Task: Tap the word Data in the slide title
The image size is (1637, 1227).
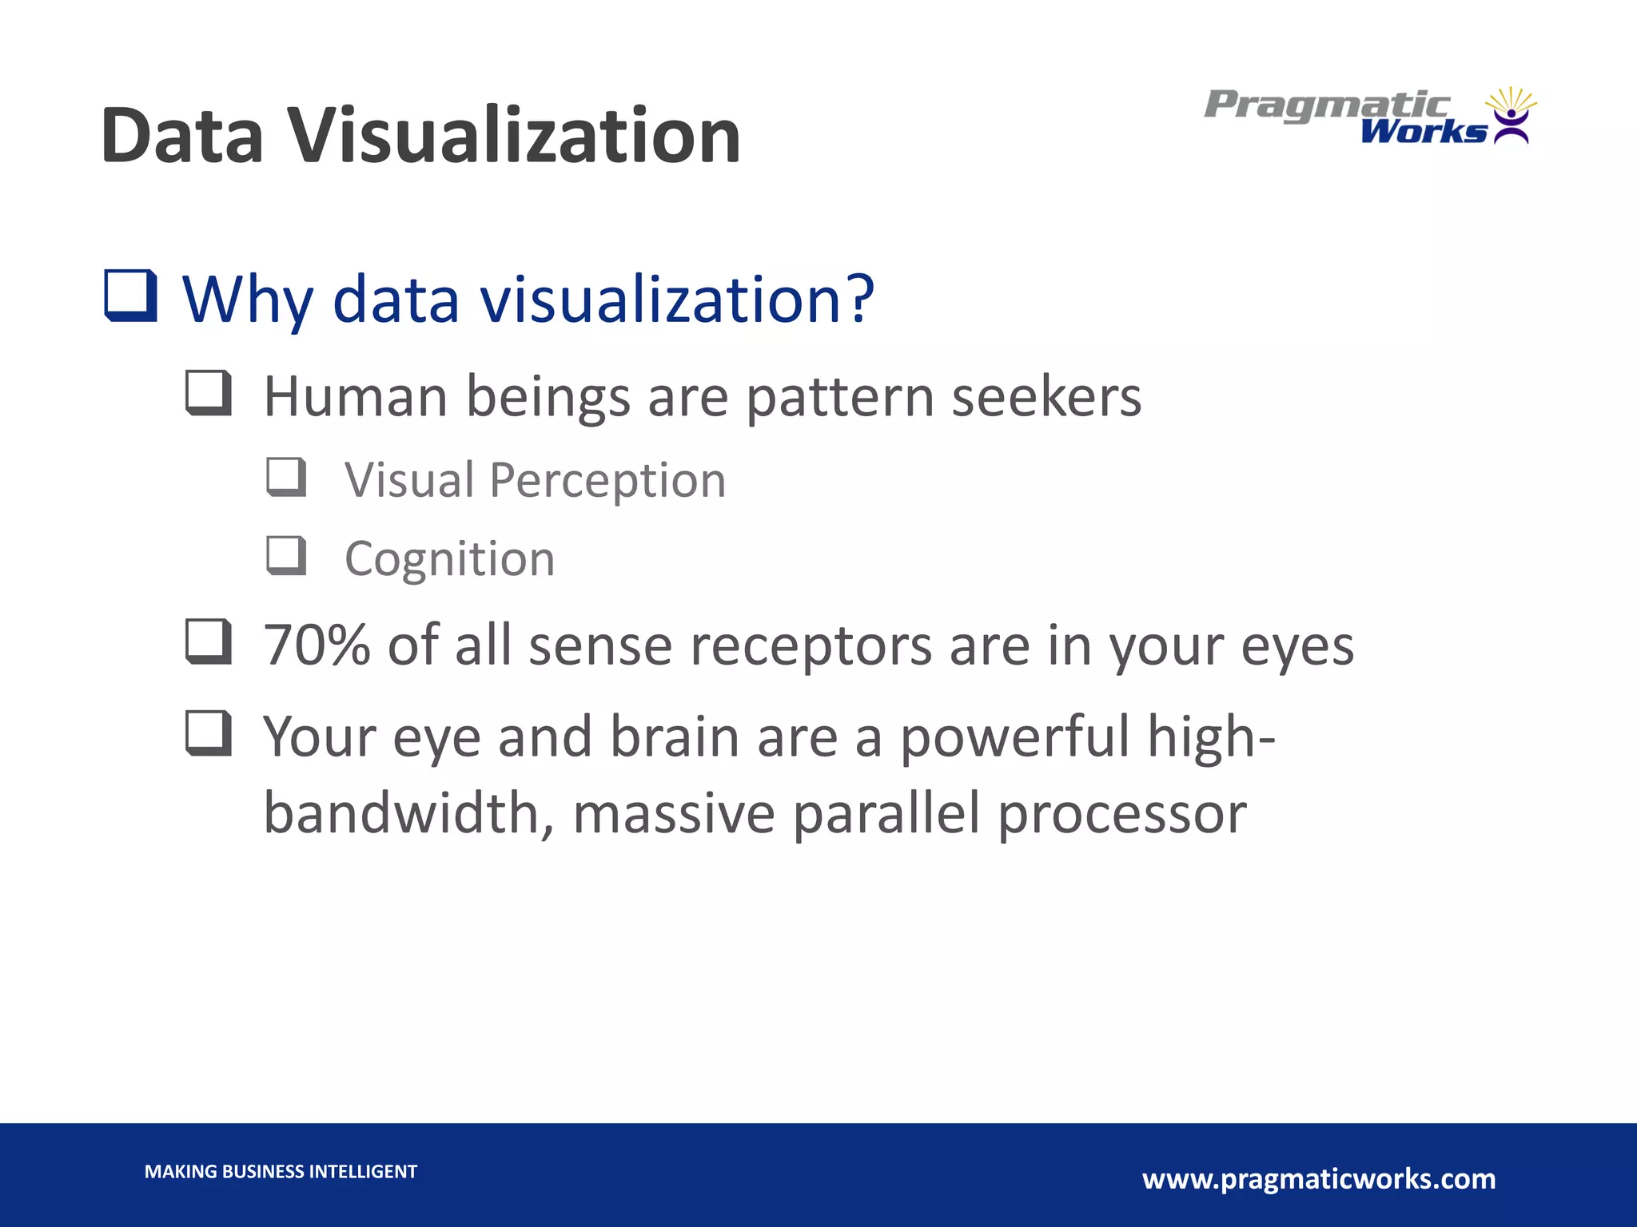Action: click(182, 136)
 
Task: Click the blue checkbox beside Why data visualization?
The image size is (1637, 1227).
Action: click(130, 296)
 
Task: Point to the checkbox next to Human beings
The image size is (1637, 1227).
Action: click(209, 393)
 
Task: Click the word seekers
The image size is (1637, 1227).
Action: click(1046, 397)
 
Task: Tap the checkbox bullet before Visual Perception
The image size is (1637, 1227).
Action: click(286, 477)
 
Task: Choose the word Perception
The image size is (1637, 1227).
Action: click(607, 481)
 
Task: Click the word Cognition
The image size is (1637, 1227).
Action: click(449, 558)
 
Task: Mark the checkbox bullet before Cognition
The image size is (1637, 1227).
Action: click(286, 556)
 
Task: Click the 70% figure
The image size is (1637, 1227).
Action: click(317, 645)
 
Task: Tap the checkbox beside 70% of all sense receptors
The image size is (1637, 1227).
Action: click(209, 641)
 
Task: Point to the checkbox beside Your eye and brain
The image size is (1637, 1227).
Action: click(209, 733)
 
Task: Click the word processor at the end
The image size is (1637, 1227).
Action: click(1122, 815)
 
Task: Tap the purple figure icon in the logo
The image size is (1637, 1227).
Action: click(1511, 125)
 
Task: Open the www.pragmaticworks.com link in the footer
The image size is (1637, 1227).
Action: click(1319, 1179)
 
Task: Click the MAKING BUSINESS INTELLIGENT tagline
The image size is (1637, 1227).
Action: click(281, 1172)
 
